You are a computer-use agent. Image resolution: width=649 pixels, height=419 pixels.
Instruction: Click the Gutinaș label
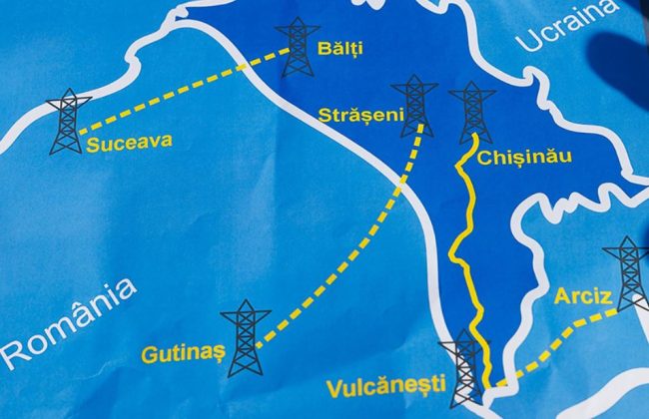[x=176, y=353]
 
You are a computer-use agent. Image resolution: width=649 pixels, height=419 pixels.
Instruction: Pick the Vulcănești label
[x=392, y=382]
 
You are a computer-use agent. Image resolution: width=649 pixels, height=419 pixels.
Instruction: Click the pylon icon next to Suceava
[x=67, y=122]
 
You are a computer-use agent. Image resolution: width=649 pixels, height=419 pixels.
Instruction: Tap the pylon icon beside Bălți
[x=299, y=47]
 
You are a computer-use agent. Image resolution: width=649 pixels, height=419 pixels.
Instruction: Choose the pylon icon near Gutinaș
[x=246, y=337]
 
